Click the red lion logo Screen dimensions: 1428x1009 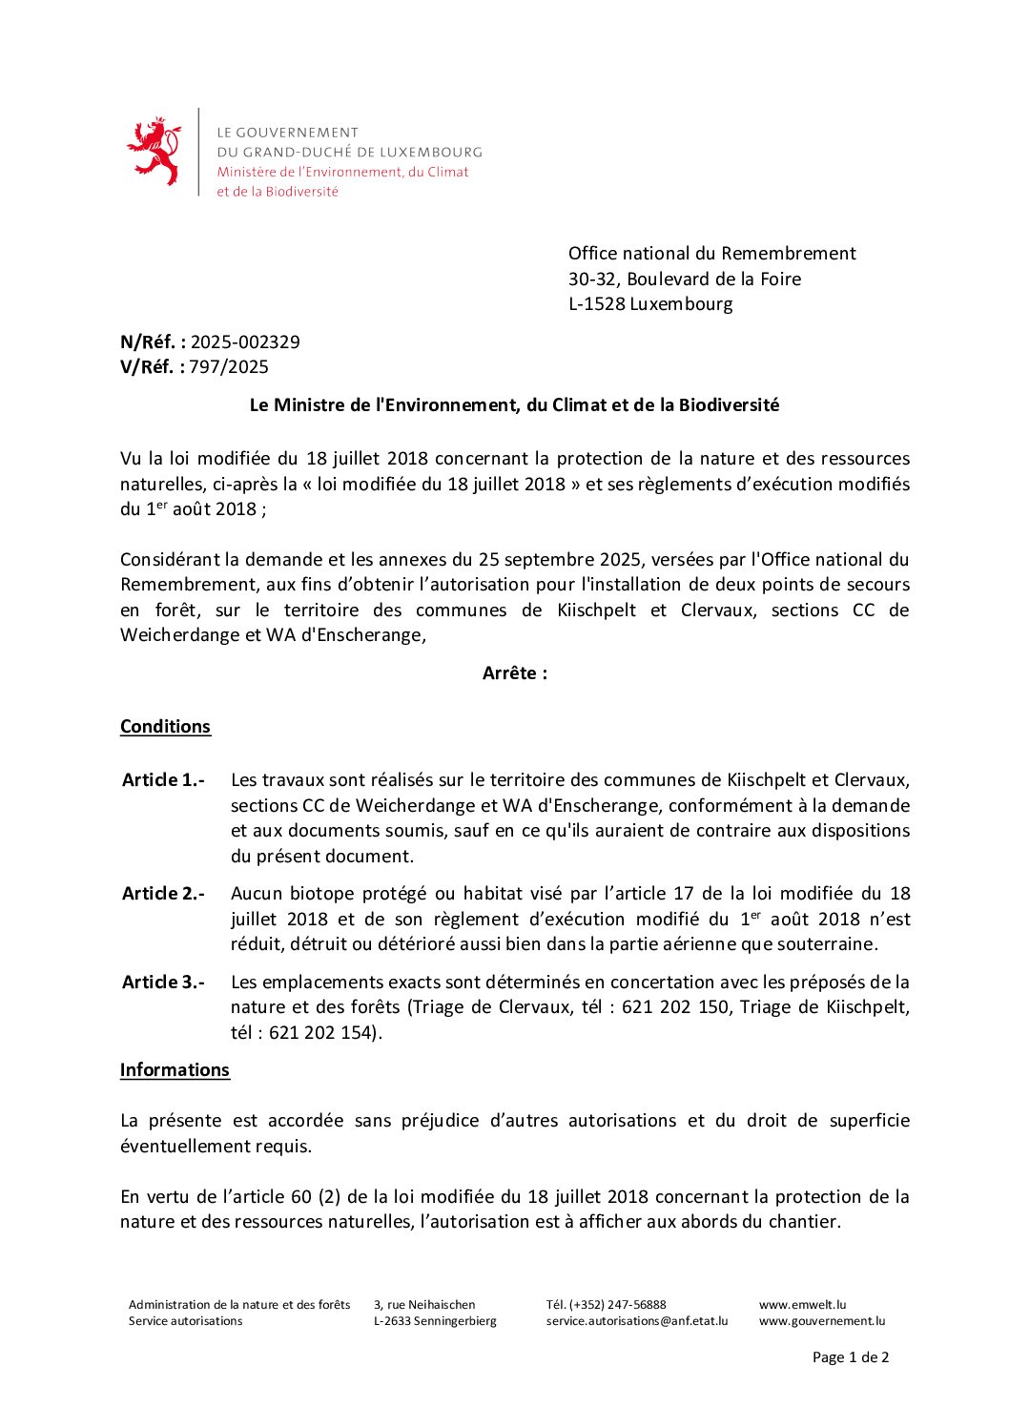(154, 151)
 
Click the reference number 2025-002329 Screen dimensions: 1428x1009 (245, 341)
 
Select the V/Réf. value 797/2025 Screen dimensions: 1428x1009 (229, 366)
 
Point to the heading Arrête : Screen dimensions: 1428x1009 (515, 673)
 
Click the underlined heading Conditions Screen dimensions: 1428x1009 (165, 726)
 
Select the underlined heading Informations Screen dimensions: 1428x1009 (175, 1069)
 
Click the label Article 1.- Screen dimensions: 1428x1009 (163, 779)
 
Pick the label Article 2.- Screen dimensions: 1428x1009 (163, 893)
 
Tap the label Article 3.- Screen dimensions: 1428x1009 (163, 982)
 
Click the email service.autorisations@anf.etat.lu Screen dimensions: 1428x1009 (637, 1321)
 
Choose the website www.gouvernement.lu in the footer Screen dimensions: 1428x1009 (822, 1321)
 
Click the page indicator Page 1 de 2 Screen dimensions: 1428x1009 (851, 1356)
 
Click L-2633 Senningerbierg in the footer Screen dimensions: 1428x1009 (435, 1321)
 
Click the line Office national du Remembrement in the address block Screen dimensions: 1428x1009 (711, 253)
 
